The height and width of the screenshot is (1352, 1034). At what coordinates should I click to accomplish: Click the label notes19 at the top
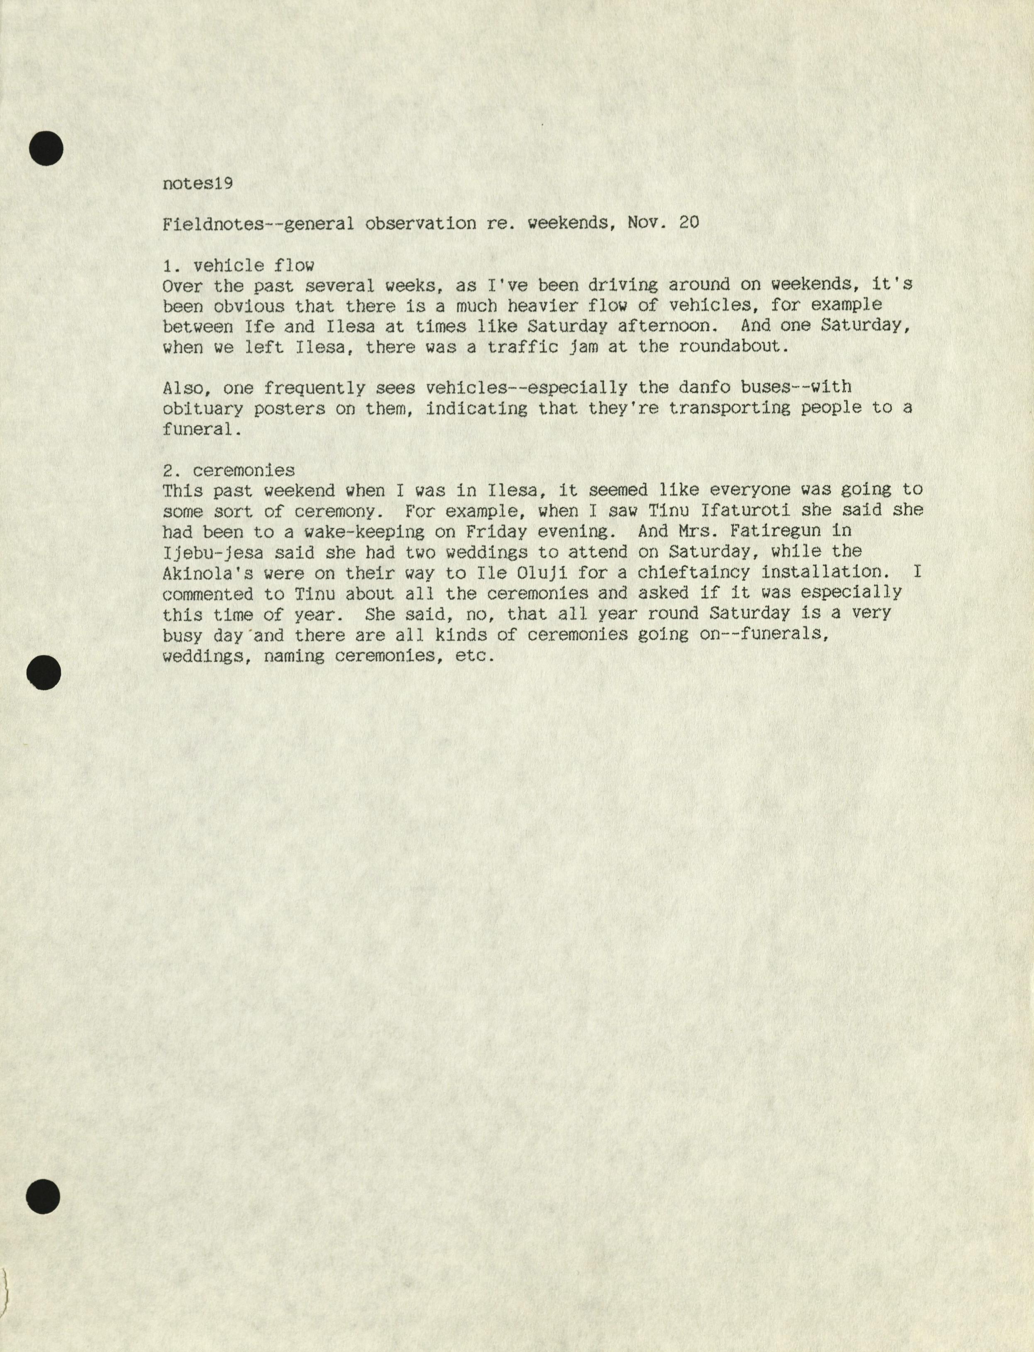pos(198,184)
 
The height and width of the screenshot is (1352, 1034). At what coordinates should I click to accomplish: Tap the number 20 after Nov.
pos(689,223)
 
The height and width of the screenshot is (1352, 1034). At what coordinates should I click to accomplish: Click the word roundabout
pos(732,347)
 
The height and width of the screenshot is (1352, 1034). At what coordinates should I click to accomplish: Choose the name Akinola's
pos(207,572)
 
